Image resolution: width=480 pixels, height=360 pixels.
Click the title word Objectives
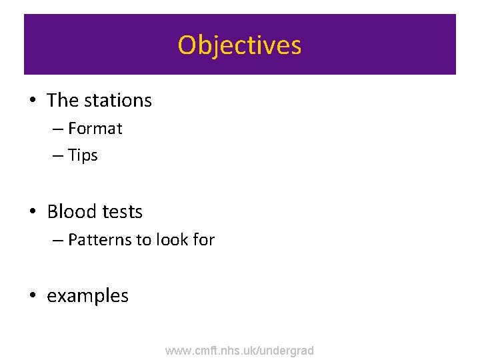(239, 45)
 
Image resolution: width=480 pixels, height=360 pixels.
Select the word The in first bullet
(63, 101)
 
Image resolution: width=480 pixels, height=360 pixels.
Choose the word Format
(95, 128)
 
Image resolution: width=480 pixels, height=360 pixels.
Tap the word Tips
(83, 156)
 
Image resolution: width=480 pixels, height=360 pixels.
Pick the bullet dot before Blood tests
(32, 213)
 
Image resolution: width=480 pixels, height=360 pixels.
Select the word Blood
(71, 212)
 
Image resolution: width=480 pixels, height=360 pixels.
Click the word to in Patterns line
(143, 240)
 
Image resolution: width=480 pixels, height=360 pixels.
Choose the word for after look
(203, 239)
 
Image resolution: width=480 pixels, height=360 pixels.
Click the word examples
(87, 296)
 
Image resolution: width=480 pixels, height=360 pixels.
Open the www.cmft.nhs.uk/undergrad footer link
(239, 350)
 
